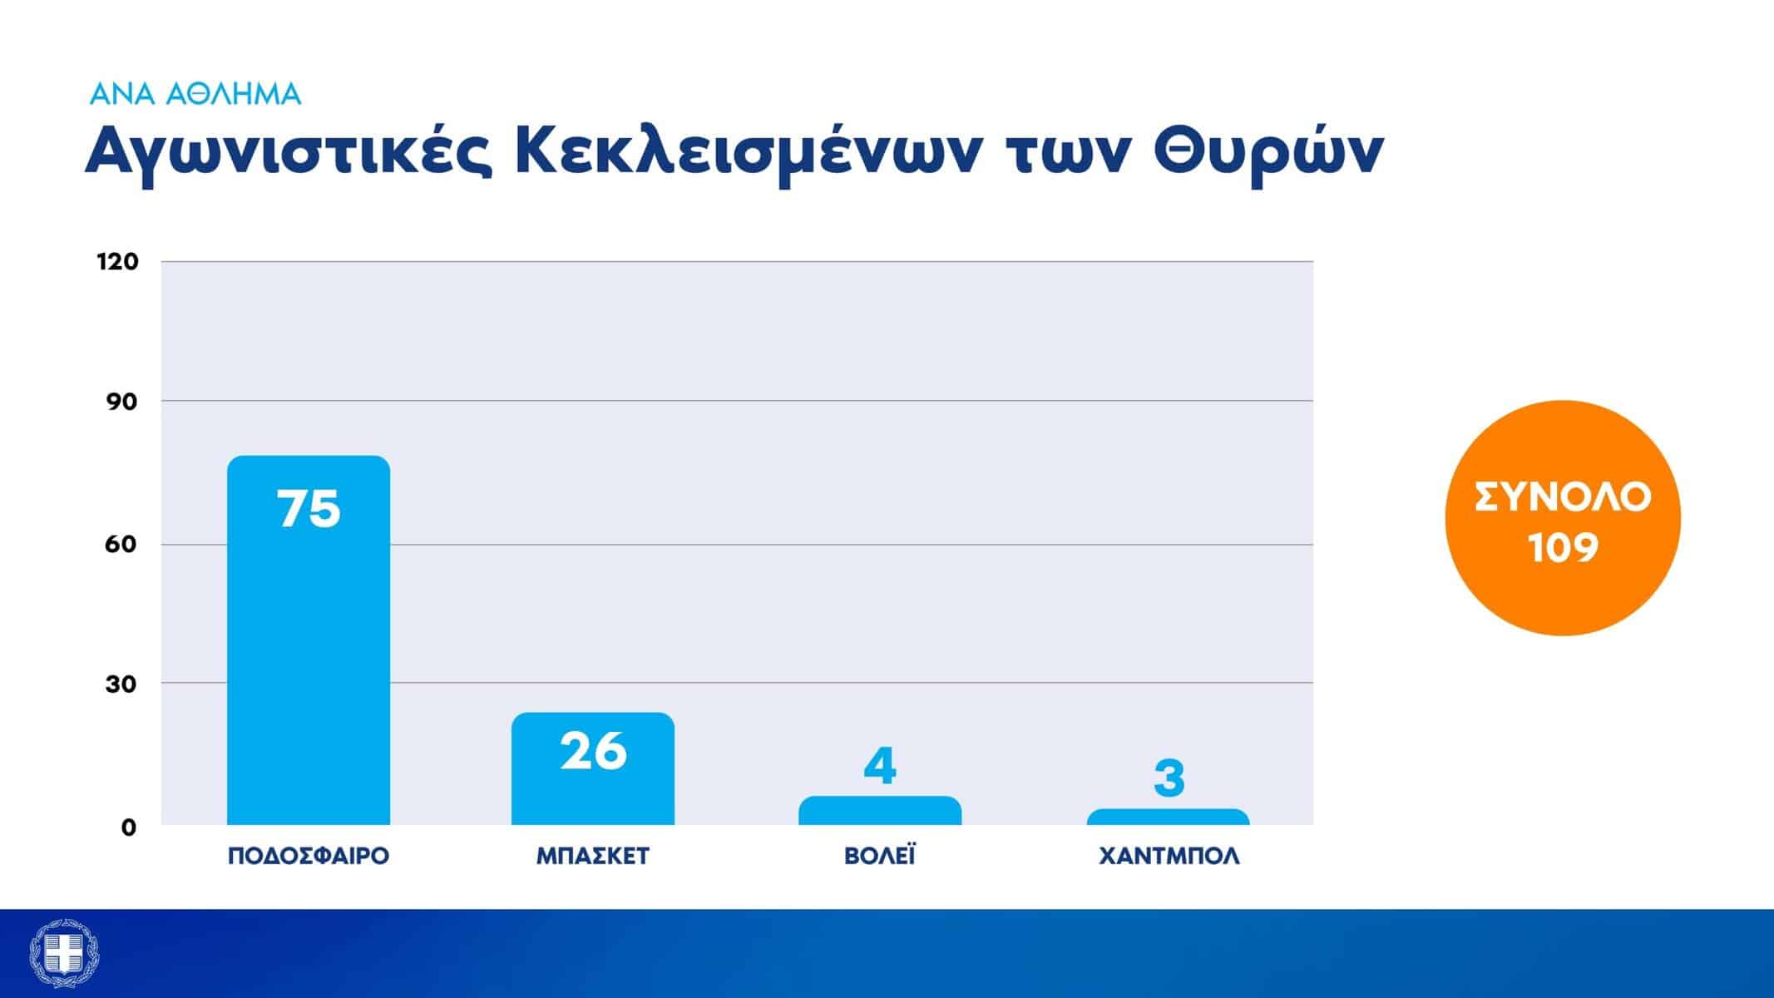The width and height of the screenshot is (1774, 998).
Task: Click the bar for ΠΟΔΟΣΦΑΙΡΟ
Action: (309, 640)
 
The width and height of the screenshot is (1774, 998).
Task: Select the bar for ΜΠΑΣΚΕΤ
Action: (593, 768)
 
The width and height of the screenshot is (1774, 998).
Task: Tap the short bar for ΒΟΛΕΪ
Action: (880, 811)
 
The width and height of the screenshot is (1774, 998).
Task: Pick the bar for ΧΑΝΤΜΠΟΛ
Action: (1168, 817)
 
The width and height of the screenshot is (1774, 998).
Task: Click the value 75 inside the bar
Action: (309, 508)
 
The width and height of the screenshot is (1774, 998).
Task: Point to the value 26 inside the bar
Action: (593, 751)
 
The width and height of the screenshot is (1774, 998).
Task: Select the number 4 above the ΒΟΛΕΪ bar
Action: (880, 766)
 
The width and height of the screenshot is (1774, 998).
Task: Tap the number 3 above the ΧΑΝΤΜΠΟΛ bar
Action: (1169, 778)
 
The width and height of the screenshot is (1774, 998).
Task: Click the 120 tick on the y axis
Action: (118, 261)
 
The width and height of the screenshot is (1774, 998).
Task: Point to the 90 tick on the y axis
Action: (122, 402)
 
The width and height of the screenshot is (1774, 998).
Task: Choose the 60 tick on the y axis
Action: (121, 544)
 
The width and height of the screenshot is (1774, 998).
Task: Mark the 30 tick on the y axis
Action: (121, 684)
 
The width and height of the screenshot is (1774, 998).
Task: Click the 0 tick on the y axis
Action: (129, 827)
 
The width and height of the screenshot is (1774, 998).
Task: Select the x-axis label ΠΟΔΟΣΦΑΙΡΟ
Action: (309, 857)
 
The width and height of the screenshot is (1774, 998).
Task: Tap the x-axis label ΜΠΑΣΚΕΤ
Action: (593, 857)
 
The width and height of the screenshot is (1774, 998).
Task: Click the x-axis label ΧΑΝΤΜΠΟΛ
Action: (1169, 857)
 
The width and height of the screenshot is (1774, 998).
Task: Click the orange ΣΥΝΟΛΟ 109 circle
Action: (1563, 518)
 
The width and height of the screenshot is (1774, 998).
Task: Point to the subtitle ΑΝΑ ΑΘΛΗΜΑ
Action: (195, 94)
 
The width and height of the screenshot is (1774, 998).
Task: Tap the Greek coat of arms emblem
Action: (64, 954)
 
